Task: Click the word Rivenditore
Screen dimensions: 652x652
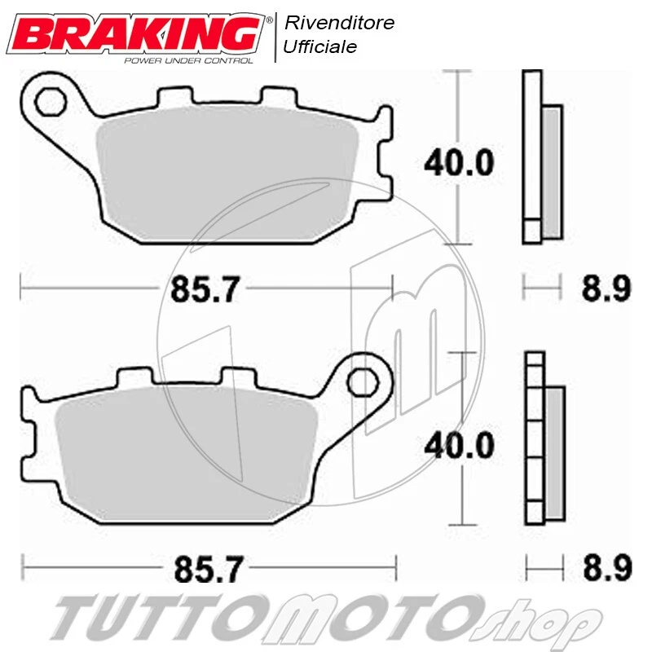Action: point(338,23)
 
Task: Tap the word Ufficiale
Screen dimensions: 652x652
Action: point(319,47)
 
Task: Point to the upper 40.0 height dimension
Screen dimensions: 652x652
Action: point(458,164)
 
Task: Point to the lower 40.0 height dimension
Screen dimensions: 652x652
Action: point(458,445)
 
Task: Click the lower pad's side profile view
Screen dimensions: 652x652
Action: point(544,440)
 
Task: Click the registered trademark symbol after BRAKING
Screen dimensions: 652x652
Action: point(269,17)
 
